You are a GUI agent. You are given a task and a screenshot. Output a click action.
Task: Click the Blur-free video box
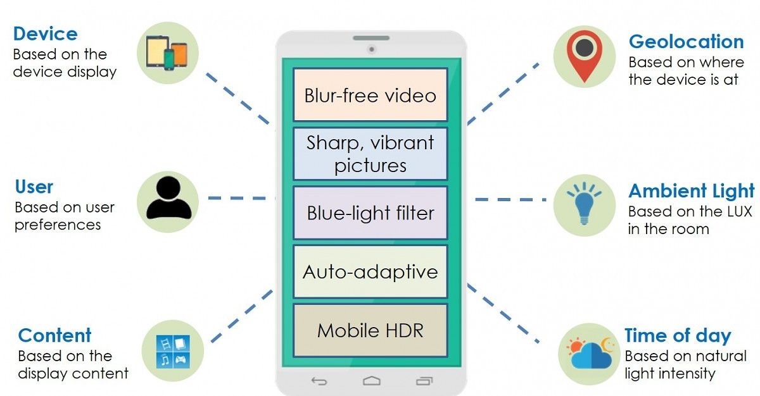370,95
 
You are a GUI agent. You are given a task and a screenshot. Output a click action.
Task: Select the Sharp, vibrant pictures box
370,154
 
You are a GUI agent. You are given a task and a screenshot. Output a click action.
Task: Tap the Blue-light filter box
370,213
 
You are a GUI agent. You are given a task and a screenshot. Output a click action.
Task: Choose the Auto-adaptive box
370,271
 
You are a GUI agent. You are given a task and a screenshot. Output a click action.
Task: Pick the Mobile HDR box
370,330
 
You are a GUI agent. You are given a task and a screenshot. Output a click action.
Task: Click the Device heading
45,34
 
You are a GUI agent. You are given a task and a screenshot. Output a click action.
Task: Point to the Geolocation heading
686,42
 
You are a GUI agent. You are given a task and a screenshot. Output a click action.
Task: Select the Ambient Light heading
691,191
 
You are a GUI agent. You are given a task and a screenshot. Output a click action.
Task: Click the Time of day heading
678,335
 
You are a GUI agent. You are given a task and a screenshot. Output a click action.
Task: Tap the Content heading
54,335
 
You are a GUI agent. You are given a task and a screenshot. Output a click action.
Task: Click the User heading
34,187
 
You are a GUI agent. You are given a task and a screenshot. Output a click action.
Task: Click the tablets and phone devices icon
167,53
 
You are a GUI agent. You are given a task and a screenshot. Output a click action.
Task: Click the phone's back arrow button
319,381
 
